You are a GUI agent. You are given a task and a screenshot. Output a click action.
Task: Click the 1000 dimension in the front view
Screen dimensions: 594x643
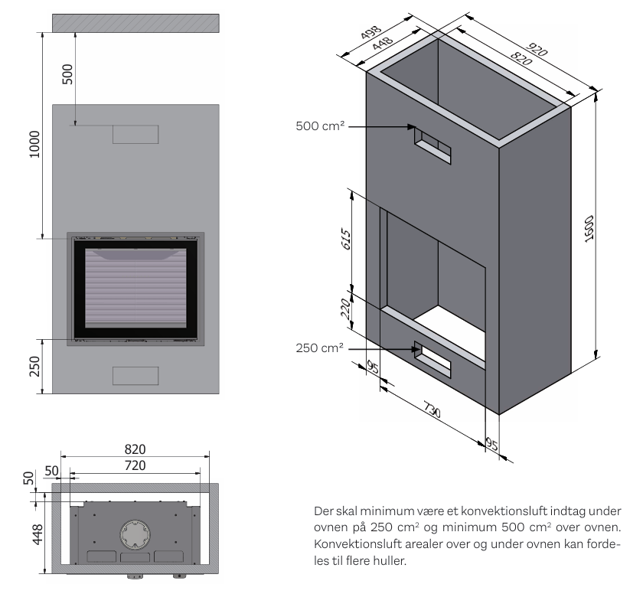tap(34, 142)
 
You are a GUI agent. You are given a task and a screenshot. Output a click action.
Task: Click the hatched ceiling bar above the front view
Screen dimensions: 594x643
tap(135, 23)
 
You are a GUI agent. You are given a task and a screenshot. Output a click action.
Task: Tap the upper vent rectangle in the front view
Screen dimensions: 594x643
tap(135, 135)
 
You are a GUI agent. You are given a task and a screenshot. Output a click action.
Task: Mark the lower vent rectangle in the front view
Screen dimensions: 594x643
tap(135, 375)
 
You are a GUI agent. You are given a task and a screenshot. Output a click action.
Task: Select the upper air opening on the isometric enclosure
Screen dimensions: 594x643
tap(432, 144)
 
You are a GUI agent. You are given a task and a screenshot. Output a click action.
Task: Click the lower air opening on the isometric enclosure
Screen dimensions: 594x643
tap(432, 356)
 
